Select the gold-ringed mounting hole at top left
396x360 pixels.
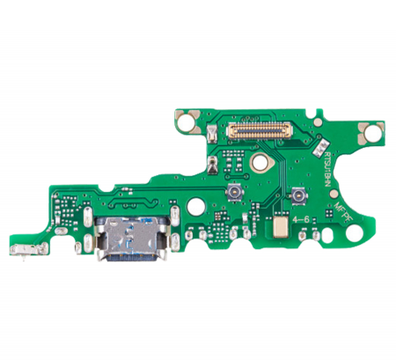pyautogui.click(x=186, y=120)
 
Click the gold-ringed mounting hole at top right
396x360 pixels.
pyautogui.click(x=371, y=133)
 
